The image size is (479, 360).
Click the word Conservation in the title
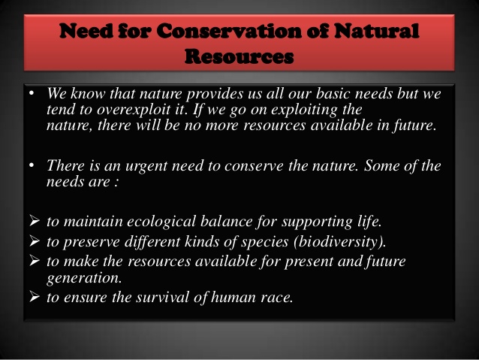(x=229, y=31)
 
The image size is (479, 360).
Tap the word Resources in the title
(x=239, y=56)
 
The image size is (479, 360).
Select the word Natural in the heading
(x=376, y=31)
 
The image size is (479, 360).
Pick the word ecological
(x=161, y=222)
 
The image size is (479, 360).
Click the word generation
(x=84, y=278)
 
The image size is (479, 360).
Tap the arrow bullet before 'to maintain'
(x=35, y=221)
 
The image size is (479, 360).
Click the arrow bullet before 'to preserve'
(x=35, y=241)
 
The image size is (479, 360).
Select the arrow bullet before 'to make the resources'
(x=35, y=261)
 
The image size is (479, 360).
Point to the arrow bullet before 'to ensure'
(x=35, y=297)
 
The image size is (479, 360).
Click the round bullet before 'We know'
(x=32, y=93)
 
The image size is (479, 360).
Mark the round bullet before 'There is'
(x=32, y=165)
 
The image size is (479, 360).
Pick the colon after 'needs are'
(x=116, y=183)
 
